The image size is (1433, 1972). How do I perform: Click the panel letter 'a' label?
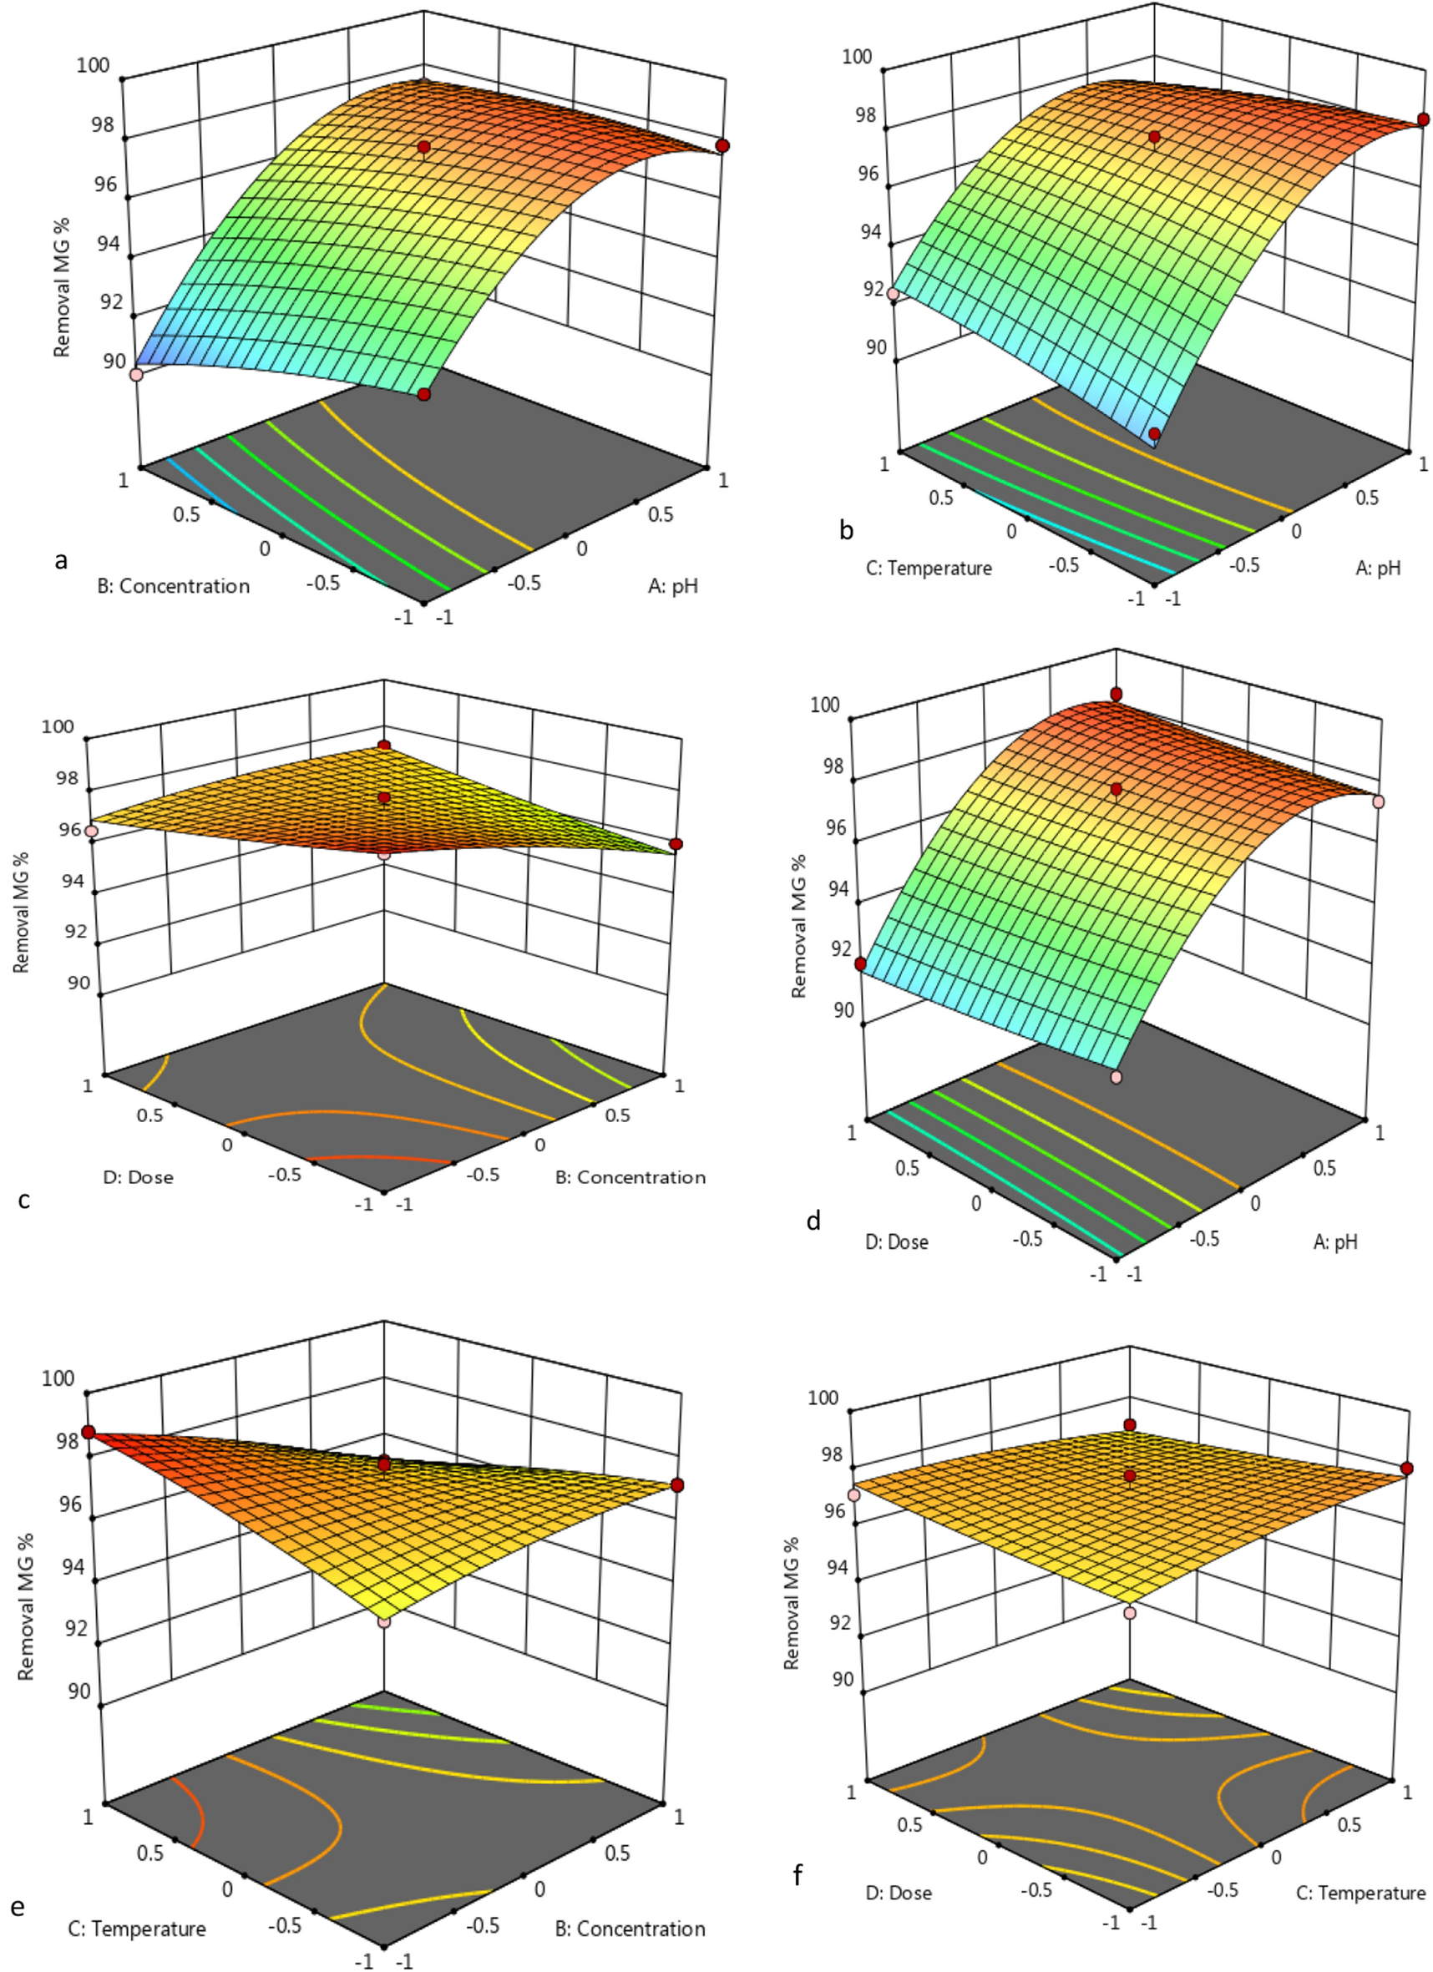point(60,561)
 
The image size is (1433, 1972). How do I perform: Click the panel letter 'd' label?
point(814,1221)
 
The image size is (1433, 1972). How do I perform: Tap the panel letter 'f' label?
point(798,1875)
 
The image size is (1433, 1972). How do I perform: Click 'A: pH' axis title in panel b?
point(1378,568)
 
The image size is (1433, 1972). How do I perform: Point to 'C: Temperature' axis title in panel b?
point(929,568)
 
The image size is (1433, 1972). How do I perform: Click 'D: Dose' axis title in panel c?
point(139,1177)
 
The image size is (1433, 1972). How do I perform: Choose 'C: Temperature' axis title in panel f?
point(1361,1893)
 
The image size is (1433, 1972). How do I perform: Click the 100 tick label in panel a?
point(92,65)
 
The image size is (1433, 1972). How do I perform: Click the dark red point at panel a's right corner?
point(722,146)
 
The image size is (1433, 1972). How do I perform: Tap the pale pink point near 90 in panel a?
point(135,375)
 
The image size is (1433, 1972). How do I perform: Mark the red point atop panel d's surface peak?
point(1116,694)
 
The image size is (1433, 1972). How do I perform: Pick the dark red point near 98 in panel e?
point(88,1432)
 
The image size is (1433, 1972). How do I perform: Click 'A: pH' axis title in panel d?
point(1334,1242)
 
